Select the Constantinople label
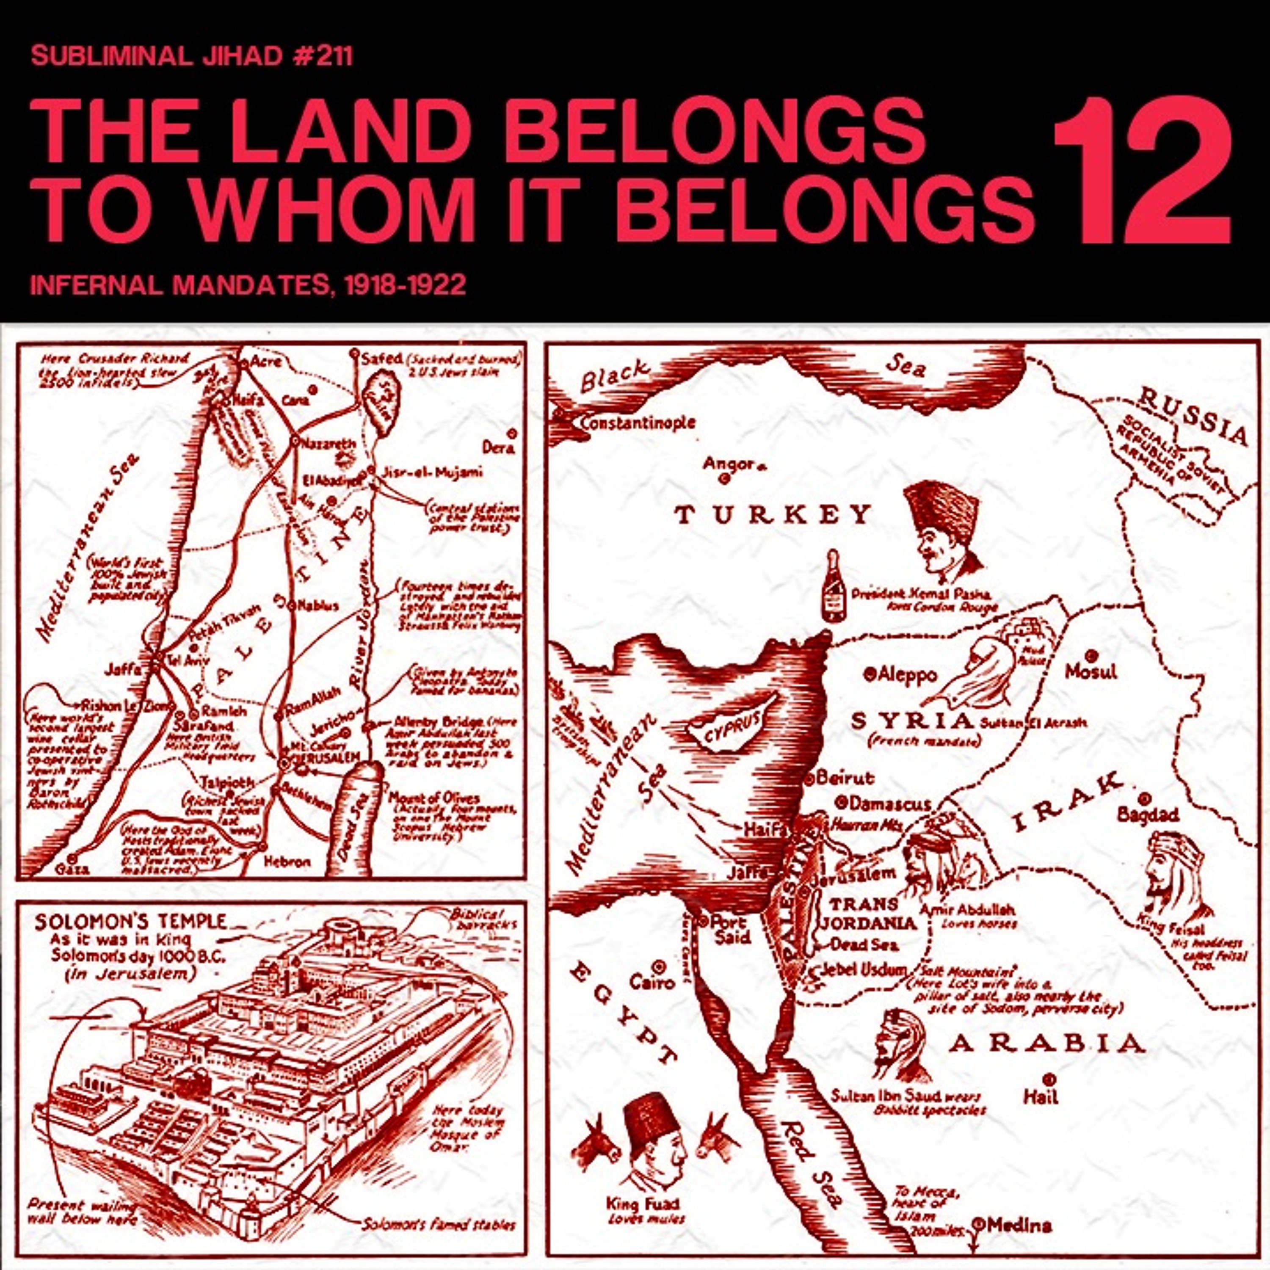636,422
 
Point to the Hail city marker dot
1049,1079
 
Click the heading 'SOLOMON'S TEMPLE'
130,920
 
